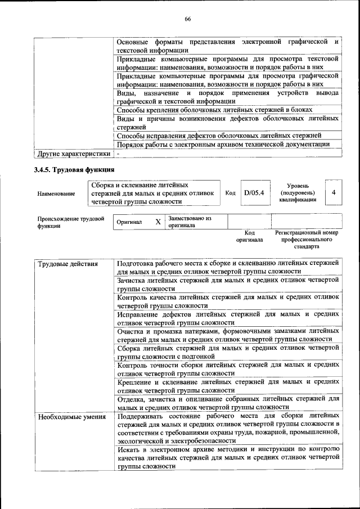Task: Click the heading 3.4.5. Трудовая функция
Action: (x=74, y=169)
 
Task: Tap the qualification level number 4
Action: (x=334, y=193)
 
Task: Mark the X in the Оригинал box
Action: (x=158, y=222)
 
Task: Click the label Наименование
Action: (x=56, y=193)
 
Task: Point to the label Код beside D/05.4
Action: (x=230, y=193)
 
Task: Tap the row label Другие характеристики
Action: (x=73, y=153)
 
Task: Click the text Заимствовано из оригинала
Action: (x=193, y=222)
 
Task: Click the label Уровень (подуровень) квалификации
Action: (x=298, y=192)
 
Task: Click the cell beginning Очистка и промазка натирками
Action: (x=228, y=335)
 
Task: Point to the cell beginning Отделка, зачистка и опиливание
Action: (x=228, y=403)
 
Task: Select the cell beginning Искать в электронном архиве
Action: (x=228, y=458)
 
